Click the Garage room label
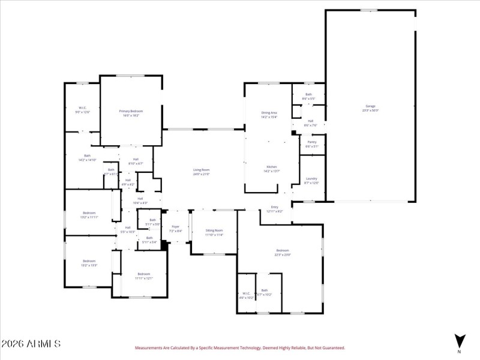click(x=370, y=108)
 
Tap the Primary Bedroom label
click(x=131, y=113)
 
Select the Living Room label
click(x=200, y=172)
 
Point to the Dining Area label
click(x=269, y=115)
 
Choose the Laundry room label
click(x=311, y=180)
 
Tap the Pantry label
click(x=312, y=144)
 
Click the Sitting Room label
click(x=214, y=232)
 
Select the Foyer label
click(x=175, y=229)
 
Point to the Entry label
click(x=274, y=209)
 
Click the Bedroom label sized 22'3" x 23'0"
click(x=283, y=252)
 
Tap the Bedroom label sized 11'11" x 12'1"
click(x=144, y=275)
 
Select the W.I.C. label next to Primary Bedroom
click(x=82, y=110)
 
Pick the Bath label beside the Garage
click(x=308, y=95)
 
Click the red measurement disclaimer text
click(x=240, y=347)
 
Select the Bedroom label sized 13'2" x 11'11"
click(x=89, y=215)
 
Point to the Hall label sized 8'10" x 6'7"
click(x=136, y=161)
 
